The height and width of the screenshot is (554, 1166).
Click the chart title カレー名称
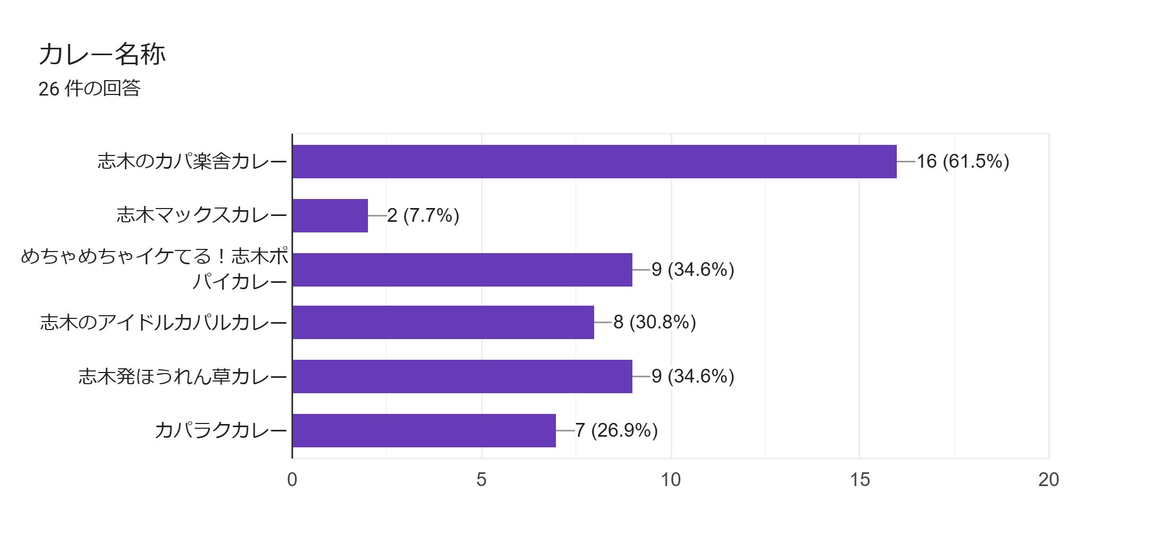click(102, 54)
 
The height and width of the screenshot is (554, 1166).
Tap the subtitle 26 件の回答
click(89, 88)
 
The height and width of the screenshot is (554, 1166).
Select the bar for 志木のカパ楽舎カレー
click(594, 161)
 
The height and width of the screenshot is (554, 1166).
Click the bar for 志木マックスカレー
click(330, 215)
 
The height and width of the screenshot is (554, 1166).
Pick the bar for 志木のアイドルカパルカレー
click(443, 322)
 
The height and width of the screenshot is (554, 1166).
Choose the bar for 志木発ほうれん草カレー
click(462, 376)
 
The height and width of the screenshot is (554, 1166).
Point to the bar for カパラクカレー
click(424, 430)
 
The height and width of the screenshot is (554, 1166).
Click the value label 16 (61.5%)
click(963, 161)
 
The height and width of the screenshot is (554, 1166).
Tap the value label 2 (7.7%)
click(423, 215)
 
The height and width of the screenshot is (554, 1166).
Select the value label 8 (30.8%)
click(654, 322)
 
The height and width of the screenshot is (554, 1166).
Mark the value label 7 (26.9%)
click(616, 430)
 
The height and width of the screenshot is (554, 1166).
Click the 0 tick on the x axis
click(292, 480)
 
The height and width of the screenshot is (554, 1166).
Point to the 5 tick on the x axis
click(481, 480)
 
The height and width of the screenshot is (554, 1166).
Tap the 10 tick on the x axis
click(671, 480)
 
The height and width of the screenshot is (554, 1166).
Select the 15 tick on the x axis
click(860, 480)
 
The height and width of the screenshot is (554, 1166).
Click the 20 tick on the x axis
click(1049, 480)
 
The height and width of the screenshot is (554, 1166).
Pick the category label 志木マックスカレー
click(202, 215)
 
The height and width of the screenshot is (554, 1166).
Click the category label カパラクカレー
click(221, 430)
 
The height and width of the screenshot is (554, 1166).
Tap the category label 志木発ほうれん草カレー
click(183, 376)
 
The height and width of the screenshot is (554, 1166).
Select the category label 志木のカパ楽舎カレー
click(192, 161)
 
